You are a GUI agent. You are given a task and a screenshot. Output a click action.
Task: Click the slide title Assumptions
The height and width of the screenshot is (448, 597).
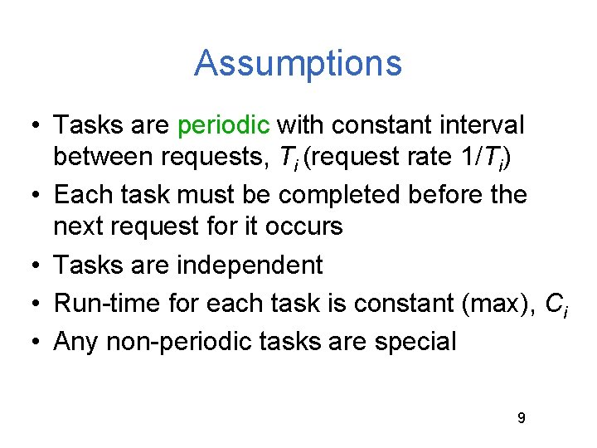298,64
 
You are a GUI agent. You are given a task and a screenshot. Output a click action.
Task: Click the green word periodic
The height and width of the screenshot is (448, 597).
224,126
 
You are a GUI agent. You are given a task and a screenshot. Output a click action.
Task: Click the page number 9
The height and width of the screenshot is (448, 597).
521,418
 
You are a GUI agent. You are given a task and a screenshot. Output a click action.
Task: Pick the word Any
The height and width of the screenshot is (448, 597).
76,341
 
